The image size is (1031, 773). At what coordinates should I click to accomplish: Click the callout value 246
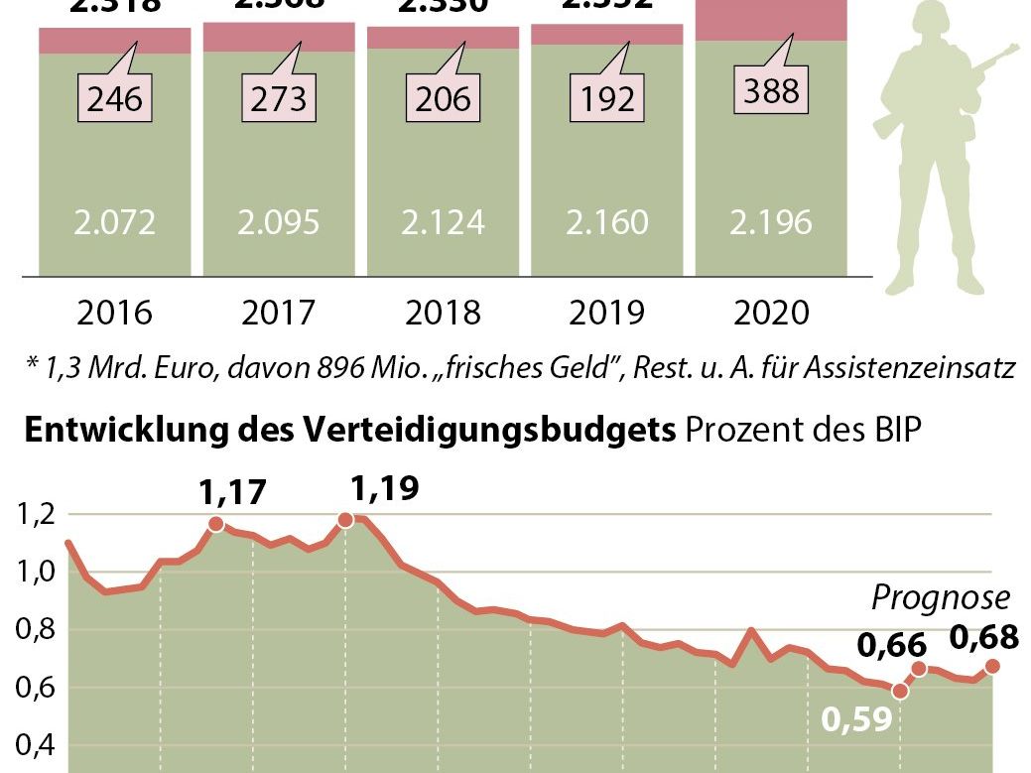coord(114,99)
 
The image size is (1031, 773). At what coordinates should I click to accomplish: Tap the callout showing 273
coord(279,99)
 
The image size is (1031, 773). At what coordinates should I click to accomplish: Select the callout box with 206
coord(443,99)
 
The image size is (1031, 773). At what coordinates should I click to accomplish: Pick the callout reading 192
coord(606,99)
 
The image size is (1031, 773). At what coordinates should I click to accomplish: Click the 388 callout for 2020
coord(770,91)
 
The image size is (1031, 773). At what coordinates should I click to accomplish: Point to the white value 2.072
coord(114,222)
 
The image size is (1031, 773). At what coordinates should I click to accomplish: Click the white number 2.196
coord(770,222)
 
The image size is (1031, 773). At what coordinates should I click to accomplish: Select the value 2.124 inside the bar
coord(443,222)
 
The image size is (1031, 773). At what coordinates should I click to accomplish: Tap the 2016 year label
coord(114,314)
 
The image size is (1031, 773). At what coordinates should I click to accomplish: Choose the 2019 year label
coord(606,314)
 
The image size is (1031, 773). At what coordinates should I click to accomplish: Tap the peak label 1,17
coord(234,492)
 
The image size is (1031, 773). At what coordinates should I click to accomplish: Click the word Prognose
coord(940,597)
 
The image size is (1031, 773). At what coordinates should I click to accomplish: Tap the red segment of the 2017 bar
coord(279,37)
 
